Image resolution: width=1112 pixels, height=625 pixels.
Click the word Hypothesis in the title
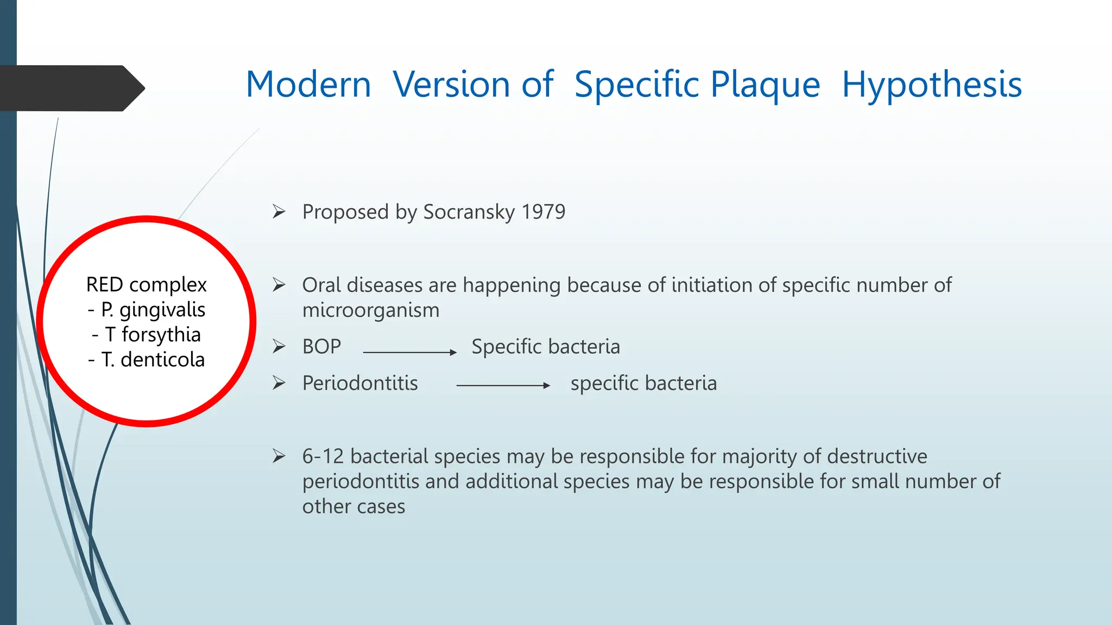pos(932,85)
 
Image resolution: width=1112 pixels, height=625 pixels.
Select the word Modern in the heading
pos(308,85)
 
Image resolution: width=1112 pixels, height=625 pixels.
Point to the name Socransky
pos(469,212)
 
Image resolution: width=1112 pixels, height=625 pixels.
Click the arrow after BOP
pos(410,352)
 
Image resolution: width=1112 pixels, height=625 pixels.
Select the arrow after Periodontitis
pos(503,385)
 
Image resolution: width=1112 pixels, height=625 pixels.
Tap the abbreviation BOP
pos(321,347)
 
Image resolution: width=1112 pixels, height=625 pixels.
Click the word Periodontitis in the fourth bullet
pos(360,383)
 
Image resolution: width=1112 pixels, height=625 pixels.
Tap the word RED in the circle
pos(104,285)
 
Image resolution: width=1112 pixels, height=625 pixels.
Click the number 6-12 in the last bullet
pos(323,456)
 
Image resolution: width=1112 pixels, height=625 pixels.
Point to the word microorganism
pos(371,310)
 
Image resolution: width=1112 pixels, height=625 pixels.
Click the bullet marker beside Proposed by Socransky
pos(279,212)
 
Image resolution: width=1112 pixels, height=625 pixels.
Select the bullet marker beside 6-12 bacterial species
pos(279,456)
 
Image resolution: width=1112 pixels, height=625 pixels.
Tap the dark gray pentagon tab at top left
pos(71,88)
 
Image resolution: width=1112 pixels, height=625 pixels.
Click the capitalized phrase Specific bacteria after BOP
pos(546,347)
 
